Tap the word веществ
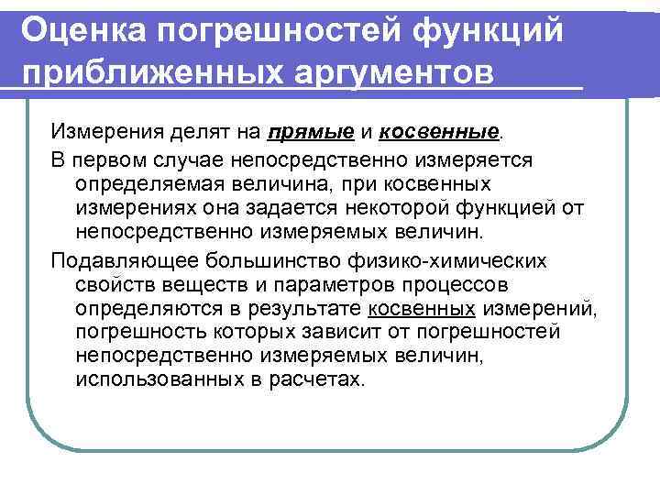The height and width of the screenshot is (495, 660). (181, 284)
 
